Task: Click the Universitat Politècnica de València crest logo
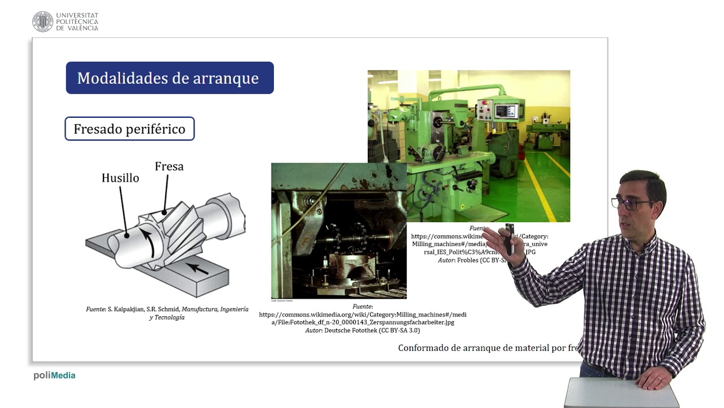pos(42,22)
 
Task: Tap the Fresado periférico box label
pos(130,129)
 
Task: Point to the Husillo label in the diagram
pos(120,178)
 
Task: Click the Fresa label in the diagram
pos(169,167)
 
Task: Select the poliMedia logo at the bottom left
pos(54,375)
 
